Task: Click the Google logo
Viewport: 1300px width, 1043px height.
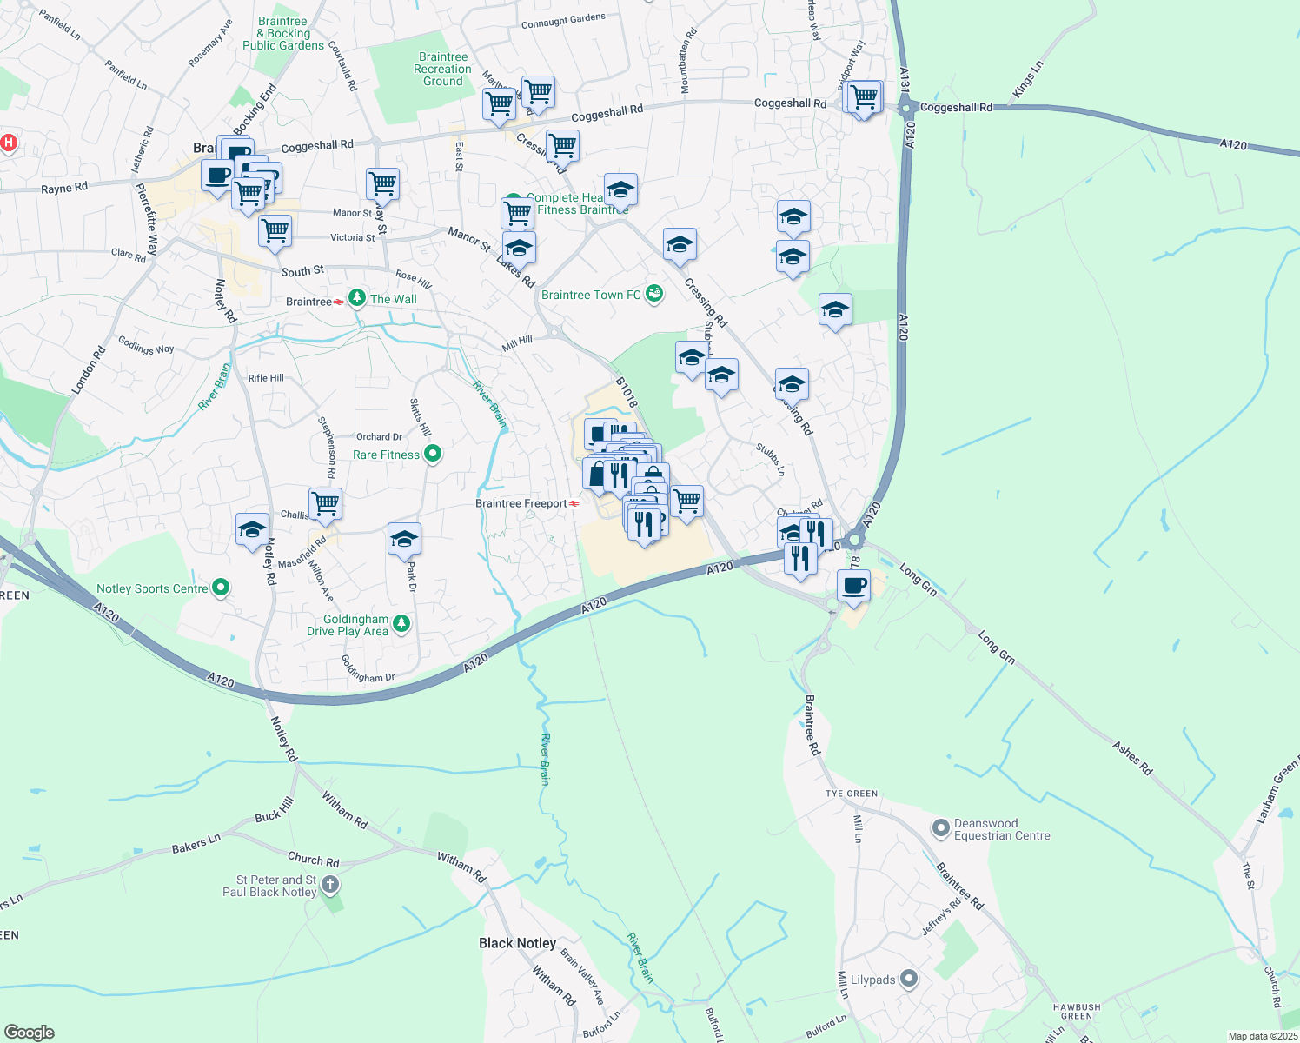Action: pos(29,1032)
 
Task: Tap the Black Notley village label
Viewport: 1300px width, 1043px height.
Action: pos(517,943)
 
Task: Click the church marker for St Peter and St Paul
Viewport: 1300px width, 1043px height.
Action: pos(330,886)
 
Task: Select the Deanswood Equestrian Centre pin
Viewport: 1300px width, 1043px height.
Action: pos(940,828)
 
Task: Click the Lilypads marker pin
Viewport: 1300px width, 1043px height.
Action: pos(909,980)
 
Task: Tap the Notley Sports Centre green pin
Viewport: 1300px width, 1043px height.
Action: pos(221,588)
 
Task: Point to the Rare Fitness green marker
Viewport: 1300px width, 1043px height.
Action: pos(433,454)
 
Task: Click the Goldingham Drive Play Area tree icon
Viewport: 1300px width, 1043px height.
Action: pos(401,623)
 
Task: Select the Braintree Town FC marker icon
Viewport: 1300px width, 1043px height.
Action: pos(654,295)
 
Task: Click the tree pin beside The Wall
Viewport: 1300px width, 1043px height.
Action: pos(356,299)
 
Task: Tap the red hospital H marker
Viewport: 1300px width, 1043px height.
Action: pos(9,143)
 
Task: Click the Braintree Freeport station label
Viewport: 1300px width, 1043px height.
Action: pos(521,503)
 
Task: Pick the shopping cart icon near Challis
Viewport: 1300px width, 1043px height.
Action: pos(325,503)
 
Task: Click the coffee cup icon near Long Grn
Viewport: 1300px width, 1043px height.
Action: pos(854,585)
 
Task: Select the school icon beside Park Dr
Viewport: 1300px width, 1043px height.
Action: pos(404,539)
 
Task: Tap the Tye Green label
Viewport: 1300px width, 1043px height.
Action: pos(851,794)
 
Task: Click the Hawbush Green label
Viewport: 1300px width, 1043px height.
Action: pos(1077,1012)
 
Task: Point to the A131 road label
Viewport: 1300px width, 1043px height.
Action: pos(905,79)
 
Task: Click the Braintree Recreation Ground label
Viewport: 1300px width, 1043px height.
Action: pos(442,70)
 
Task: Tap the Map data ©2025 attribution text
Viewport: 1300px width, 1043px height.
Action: pos(1261,1036)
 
